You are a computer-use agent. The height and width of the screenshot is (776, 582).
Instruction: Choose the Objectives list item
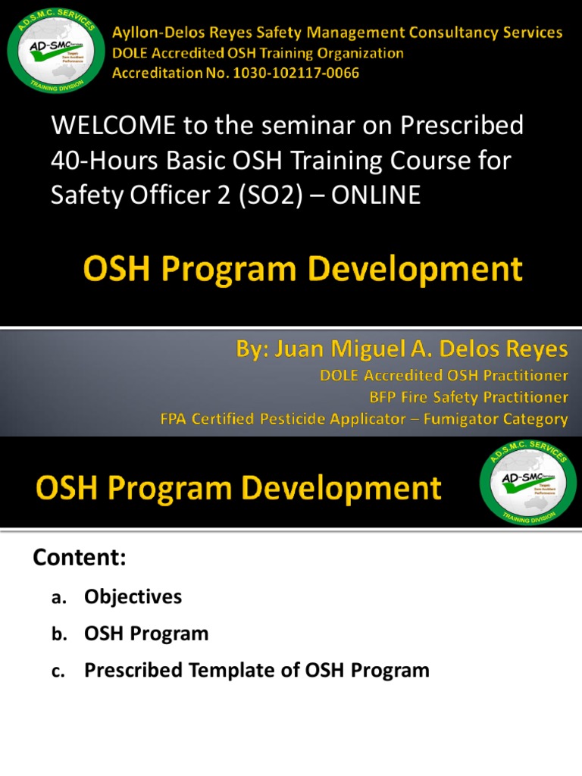click(133, 597)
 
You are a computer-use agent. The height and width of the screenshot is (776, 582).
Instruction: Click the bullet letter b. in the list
click(60, 634)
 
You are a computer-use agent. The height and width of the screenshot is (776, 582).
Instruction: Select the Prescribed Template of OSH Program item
click(256, 670)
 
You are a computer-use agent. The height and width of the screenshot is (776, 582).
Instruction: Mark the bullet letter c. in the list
click(60, 671)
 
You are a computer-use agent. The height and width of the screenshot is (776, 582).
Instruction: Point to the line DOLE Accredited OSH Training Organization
click(258, 53)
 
